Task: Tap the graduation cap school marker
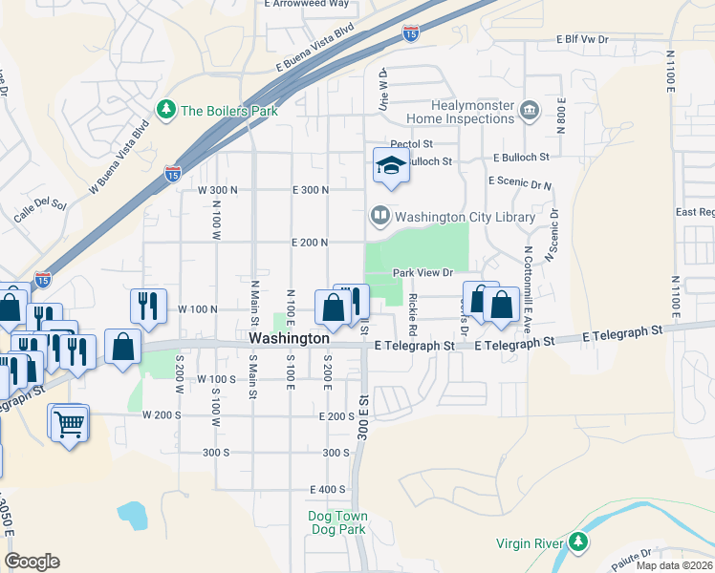[x=391, y=166]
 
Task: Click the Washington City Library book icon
[x=380, y=217]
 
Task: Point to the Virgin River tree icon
[x=577, y=543]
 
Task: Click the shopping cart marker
[x=69, y=422]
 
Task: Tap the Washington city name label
[x=290, y=338]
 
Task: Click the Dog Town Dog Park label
[x=337, y=522]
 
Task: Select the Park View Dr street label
[x=422, y=272]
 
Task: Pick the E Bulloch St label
[x=521, y=157]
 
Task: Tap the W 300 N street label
[x=217, y=190]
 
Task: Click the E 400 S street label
[x=326, y=489]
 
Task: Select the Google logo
[x=32, y=562]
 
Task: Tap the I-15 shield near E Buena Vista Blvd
[x=410, y=33]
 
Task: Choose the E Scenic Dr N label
[x=519, y=180]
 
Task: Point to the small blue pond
[x=132, y=515]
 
